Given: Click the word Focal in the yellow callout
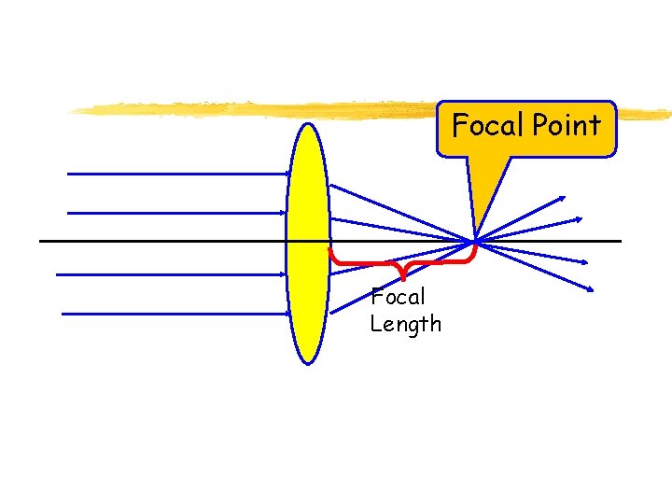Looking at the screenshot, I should click(x=482, y=125).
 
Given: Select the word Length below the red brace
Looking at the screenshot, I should click(x=405, y=325).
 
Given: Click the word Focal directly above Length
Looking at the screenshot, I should click(x=398, y=298).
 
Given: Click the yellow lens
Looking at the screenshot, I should click(x=307, y=243).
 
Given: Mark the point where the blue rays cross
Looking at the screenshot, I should click(x=476, y=242).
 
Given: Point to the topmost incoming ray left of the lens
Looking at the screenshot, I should click(x=177, y=174).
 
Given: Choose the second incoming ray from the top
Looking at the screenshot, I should click(x=177, y=213).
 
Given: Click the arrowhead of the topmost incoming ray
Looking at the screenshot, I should click(x=287, y=174).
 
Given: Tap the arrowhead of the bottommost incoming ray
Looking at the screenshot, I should click(x=287, y=315).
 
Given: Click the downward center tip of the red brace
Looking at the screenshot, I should click(x=402, y=277).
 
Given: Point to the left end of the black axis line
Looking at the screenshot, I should click(x=41, y=242).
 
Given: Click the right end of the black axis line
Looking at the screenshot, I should click(x=620, y=242).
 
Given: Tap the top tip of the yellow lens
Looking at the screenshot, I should click(x=307, y=124).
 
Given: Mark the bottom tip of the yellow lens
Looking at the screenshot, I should click(x=307, y=362).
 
